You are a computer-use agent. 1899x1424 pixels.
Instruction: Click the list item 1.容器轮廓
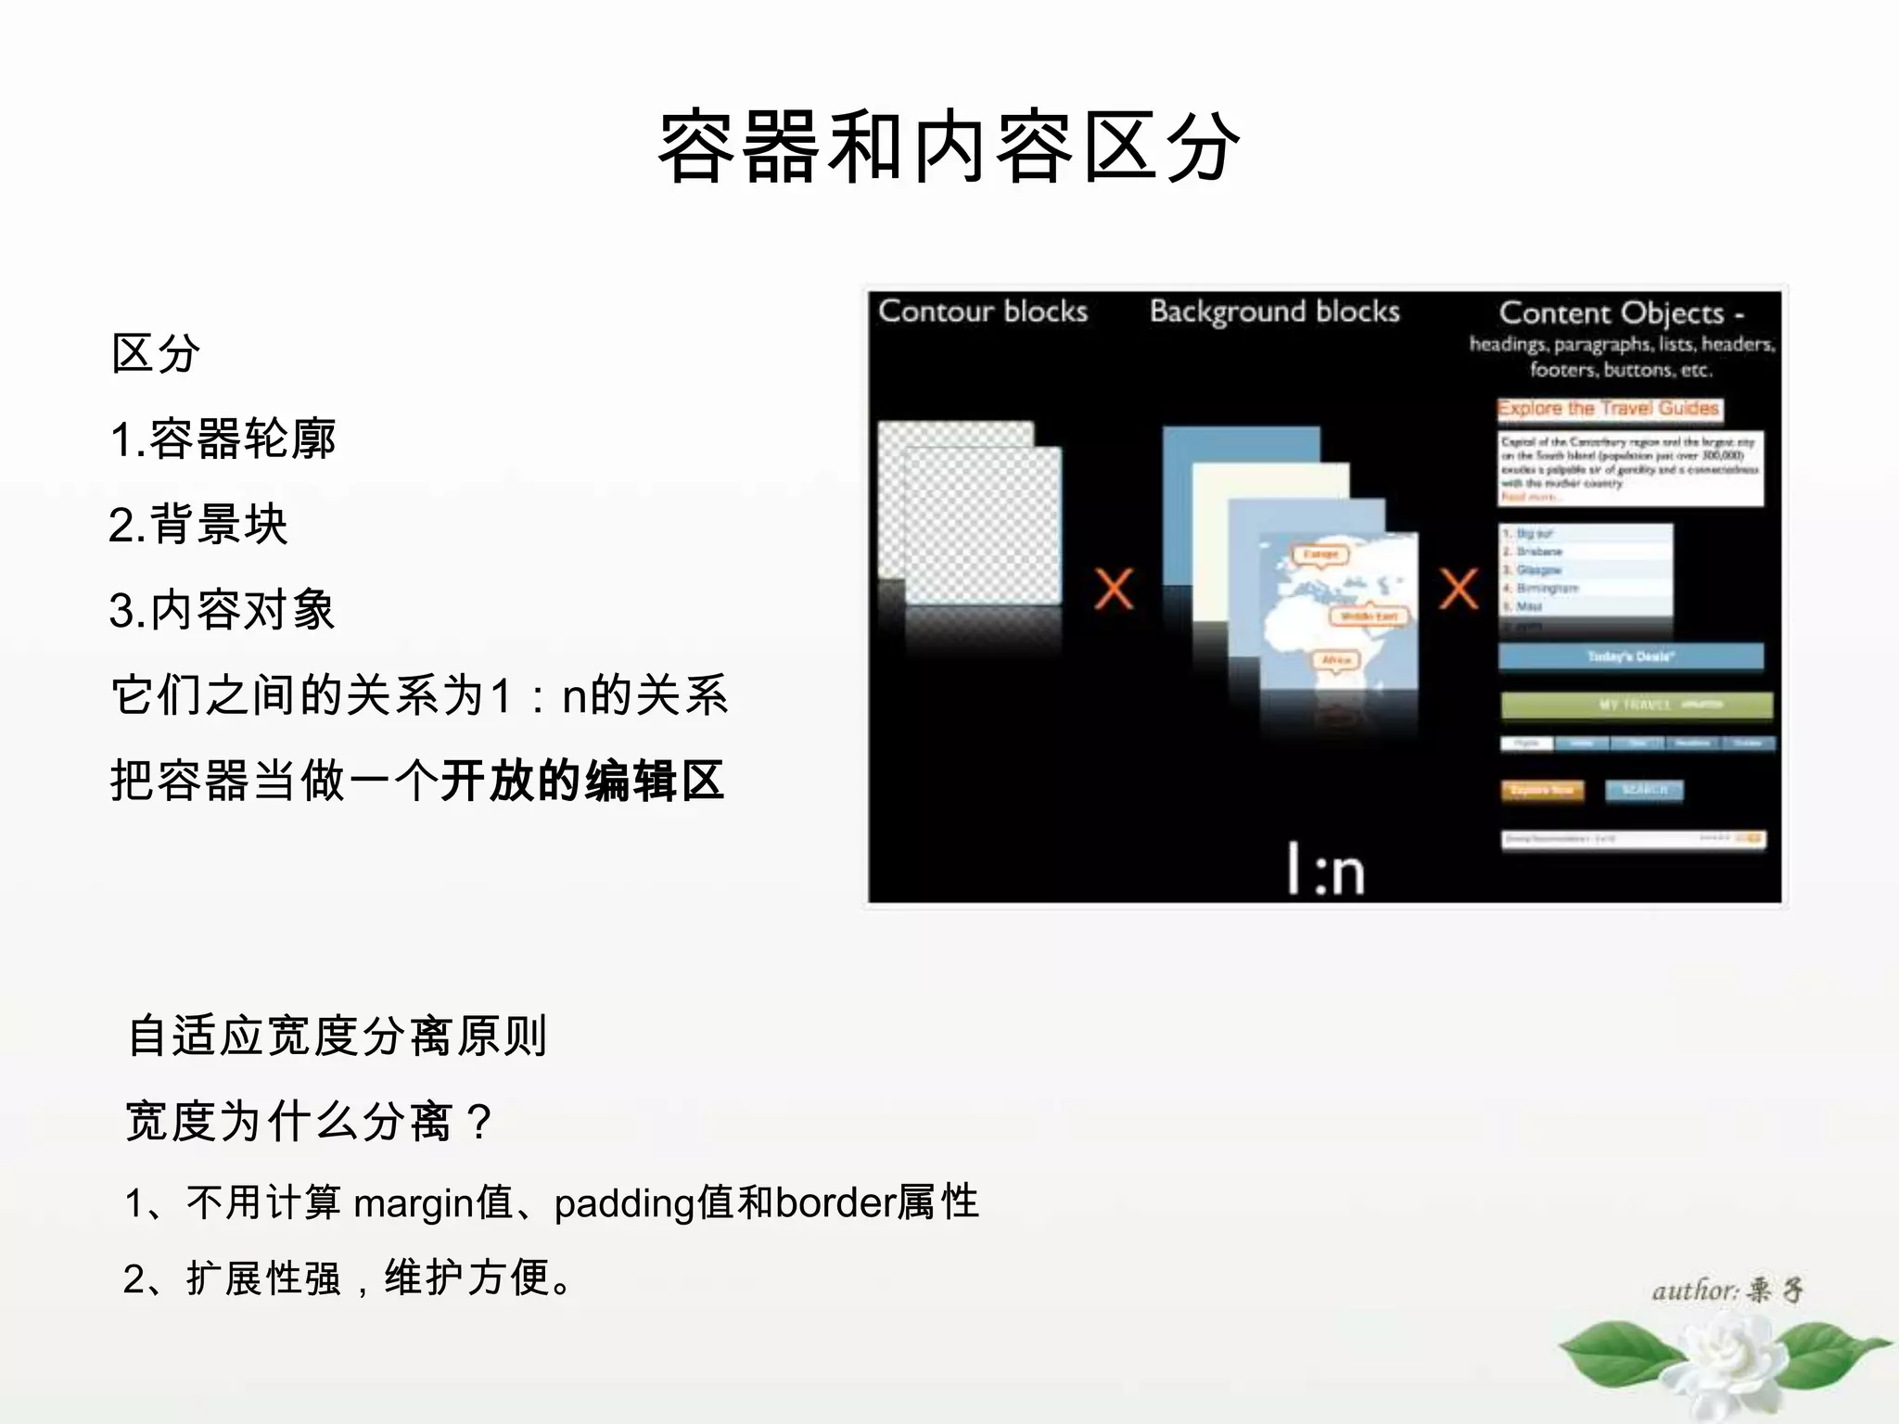coord(223,439)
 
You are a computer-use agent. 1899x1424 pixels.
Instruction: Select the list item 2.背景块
coord(198,525)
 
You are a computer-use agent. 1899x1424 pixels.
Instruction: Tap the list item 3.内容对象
coord(223,610)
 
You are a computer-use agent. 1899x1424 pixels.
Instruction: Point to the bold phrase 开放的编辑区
coord(582,781)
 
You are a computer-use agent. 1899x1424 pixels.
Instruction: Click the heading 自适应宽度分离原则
coord(338,1036)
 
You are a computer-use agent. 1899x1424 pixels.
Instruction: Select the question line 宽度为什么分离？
coord(310,1121)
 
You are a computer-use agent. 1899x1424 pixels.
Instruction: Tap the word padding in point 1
coord(625,1203)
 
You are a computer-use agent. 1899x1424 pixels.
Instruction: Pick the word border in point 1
coord(835,1203)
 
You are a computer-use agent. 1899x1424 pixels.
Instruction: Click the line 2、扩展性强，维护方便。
coord(349,1278)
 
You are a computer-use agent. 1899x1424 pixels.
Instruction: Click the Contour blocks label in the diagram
coord(983,311)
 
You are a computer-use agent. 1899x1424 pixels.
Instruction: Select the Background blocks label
coord(1275,311)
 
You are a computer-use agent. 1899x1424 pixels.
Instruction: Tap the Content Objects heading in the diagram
coord(1621,313)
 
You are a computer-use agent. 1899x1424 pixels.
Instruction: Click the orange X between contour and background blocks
coord(1114,589)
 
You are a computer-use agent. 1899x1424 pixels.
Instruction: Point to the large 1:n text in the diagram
coord(1326,870)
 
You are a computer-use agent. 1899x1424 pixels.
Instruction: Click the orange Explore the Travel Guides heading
coord(1609,409)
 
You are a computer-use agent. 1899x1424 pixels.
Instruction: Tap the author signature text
coord(1727,1290)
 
